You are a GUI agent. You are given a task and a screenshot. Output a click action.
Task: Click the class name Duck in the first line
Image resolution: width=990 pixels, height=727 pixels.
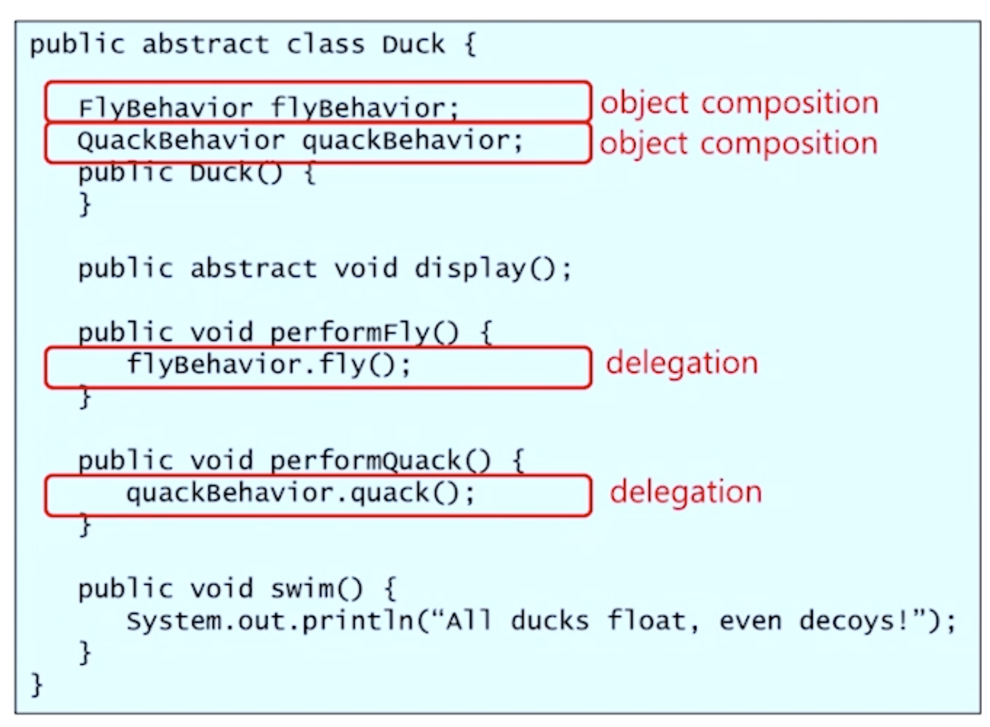pos(413,45)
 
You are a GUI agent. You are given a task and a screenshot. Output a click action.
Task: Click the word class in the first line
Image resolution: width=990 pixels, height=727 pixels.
pos(325,45)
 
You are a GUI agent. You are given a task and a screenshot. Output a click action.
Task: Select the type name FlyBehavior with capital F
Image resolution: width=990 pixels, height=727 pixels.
pos(165,108)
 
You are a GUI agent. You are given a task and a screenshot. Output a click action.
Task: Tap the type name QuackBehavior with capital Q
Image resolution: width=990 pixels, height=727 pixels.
pos(181,141)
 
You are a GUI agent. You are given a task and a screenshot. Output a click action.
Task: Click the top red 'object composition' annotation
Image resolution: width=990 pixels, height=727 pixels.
pos(739,104)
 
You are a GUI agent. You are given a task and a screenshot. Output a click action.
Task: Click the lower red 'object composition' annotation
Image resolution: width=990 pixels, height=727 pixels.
pos(738,144)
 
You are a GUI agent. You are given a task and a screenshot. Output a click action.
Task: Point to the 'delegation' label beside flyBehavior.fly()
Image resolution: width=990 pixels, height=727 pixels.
pos(682,363)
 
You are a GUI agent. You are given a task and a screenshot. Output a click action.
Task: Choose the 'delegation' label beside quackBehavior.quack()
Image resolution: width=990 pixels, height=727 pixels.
pos(685,492)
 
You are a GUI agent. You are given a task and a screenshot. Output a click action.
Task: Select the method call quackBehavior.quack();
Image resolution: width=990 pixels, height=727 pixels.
pos(300,493)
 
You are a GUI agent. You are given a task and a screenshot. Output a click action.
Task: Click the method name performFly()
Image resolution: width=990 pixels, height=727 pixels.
pos(364,332)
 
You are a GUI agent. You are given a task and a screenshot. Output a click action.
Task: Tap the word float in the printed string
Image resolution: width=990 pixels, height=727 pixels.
pos(647,621)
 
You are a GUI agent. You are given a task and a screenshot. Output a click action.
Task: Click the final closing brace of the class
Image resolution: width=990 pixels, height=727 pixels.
pos(37,684)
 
